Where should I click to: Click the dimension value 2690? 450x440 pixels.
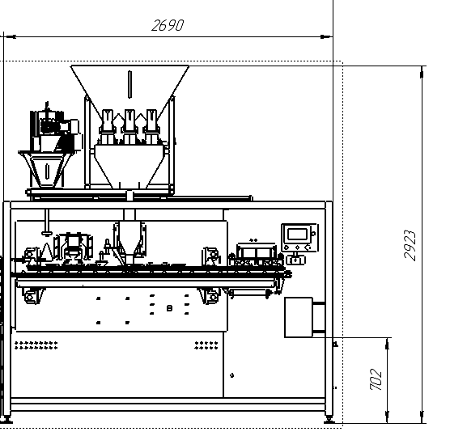tap(168, 25)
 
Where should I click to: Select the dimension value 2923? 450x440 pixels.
tap(410, 246)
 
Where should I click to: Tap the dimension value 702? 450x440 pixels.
tap(376, 379)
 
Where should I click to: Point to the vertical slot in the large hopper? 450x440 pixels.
tap(129, 84)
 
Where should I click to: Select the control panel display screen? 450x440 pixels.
tap(297, 235)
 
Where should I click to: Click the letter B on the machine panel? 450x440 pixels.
tap(170, 308)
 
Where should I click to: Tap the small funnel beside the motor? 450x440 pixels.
tap(47, 169)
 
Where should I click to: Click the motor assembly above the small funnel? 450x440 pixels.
tap(55, 129)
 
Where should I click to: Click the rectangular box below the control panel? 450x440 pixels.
tap(299, 317)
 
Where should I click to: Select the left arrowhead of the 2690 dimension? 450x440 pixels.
tap(10, 36)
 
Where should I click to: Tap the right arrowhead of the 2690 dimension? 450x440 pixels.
tap(326, 36)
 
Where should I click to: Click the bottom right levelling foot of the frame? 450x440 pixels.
tap(329, 419)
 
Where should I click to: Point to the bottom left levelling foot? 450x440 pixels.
tap(6, 419)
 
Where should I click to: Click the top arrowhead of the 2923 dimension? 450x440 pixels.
tap(422, 72)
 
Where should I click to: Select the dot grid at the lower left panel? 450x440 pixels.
tap(36, 345)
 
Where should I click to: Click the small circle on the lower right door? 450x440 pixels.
tap(232, 375)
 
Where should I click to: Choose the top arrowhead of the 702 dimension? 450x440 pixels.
tap(387, 344)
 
